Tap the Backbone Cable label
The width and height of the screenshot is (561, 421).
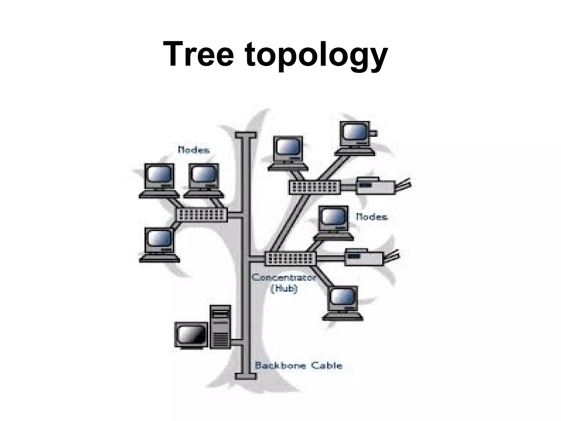tap(298, 365)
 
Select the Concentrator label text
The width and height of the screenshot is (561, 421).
tap(284, 278)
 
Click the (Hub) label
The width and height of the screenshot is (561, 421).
tap(284, 289)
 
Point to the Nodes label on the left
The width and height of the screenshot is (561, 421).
tap(194, 150)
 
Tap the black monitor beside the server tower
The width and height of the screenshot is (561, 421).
tap(191, 335)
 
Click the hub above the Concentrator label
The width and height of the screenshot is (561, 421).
tap(291, 258)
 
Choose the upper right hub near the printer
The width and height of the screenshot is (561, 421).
tap(315, 187)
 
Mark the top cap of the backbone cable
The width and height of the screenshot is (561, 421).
tap(246, 135)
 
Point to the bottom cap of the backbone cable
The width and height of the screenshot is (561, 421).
tap(246, 376)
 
